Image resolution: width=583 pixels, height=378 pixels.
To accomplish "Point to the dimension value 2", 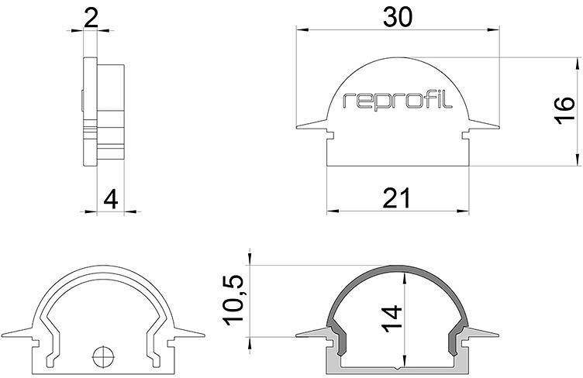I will (x=91, y=17).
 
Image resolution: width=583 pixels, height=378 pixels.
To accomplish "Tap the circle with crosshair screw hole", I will (x=102, y=357).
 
